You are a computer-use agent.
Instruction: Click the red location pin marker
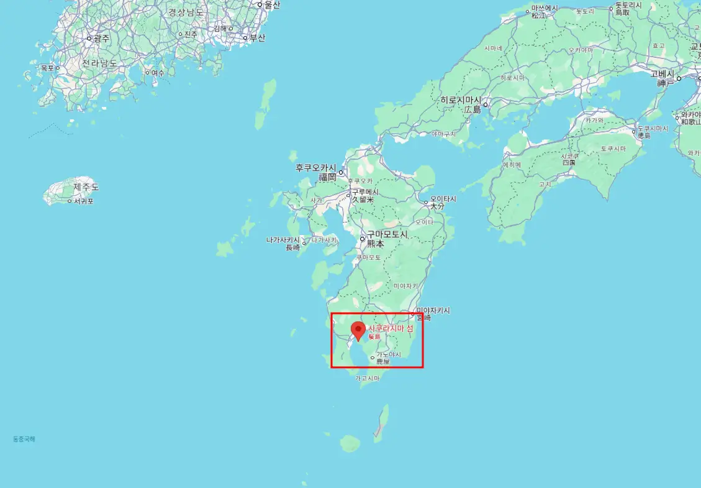(358, 330)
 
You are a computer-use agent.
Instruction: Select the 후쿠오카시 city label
(315, 168)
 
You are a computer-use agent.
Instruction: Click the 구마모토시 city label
(387, 234)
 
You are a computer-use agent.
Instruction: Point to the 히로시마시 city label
(461, 100)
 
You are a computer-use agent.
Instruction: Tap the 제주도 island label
(86, 187)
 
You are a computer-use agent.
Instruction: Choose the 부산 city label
(257, 38)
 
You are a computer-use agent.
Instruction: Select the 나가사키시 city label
(283, 240)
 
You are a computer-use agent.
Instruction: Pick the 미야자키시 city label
(433, 310)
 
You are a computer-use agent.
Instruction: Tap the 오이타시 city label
(443, 199)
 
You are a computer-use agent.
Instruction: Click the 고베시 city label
(662, 73)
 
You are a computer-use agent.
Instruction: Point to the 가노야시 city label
(389, 354)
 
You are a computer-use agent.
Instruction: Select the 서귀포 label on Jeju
(84, 201)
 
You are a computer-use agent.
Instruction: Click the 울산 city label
(272, 5)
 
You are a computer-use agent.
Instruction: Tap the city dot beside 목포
(58, 68)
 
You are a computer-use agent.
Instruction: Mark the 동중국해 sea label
(24, 439)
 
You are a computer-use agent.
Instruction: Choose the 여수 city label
(158, 73)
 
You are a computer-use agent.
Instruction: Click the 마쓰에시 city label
(544, 8)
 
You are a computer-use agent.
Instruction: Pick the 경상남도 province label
(186, 12)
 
